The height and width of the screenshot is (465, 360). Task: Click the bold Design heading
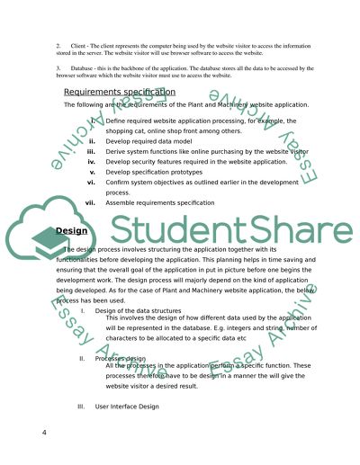coord(69,230)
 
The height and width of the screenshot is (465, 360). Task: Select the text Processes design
coord(122,358)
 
